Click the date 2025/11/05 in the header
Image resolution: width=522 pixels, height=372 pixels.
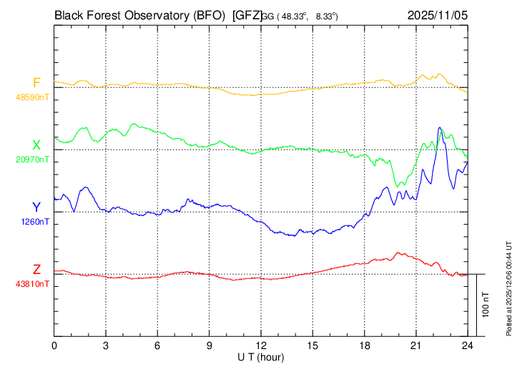[437, 14]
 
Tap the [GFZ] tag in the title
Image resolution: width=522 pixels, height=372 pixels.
[247, 14]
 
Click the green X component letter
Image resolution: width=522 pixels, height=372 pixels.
[36, 146]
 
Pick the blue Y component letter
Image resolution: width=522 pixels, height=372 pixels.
[36, 207]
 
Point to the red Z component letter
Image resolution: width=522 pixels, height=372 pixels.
[36, 270]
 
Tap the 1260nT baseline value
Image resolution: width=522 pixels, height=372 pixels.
[35, 221]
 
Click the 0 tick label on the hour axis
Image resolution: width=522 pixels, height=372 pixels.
[54, 345]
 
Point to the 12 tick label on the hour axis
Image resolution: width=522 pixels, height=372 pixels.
[261, 345]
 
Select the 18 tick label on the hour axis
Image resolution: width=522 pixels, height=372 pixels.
[364, 345]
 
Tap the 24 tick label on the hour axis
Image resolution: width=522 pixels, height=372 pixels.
[468, 345]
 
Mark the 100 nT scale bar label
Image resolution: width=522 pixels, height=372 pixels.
[486, 305]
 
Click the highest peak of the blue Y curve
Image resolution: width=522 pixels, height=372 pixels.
[440, 128]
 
